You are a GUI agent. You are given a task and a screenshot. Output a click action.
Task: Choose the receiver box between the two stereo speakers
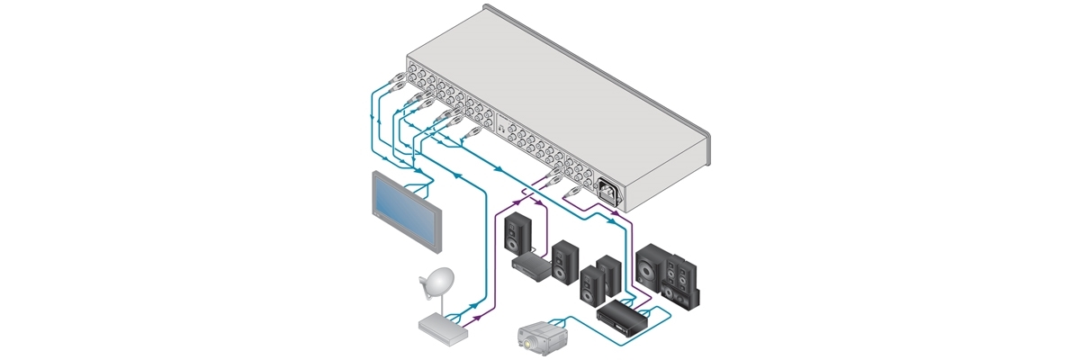tap(531, 264)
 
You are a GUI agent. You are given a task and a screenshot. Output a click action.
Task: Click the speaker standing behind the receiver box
tap(516, 231)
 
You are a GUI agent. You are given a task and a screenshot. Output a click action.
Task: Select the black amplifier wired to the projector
tap(619, 316)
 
